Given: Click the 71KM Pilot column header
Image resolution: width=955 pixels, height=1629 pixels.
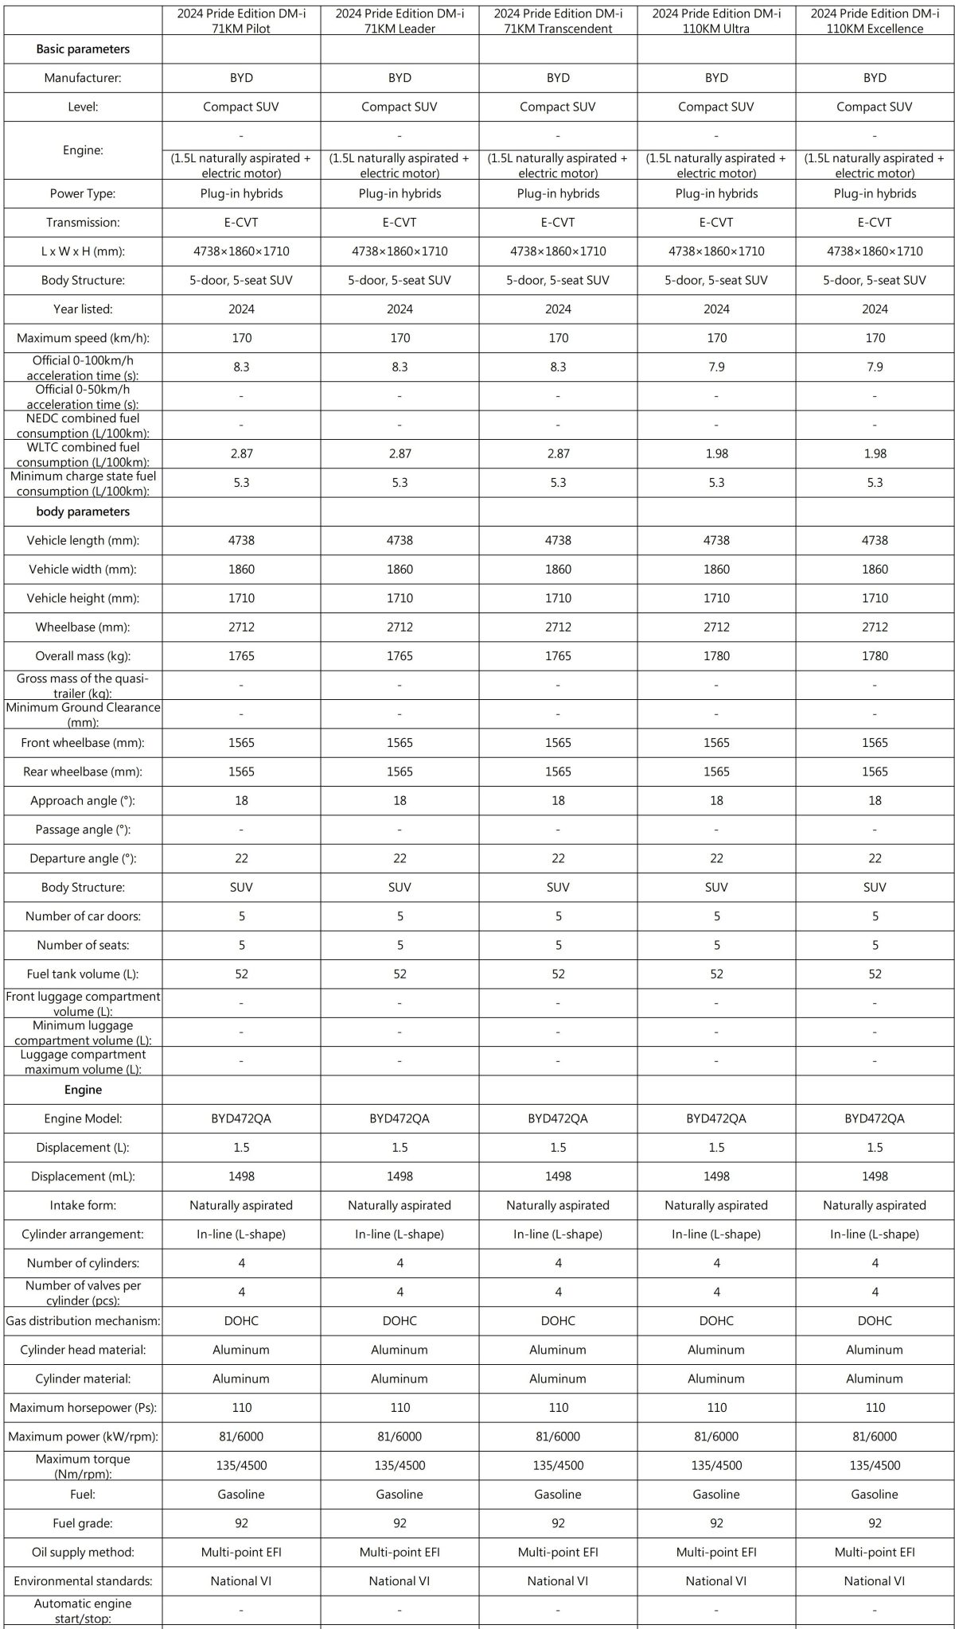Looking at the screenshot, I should tap(241, 21).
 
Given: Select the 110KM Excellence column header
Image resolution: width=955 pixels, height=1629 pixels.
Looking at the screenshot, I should tap(875, 21).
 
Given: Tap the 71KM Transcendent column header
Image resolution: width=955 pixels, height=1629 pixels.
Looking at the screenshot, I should tap(558, 21).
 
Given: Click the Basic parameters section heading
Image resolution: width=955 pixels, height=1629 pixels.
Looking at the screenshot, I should tap(83, 49).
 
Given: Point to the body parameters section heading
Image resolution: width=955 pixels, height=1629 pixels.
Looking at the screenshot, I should tap(83, 511).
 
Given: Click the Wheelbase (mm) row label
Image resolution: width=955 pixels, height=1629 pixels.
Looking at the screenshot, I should tap(83, 627).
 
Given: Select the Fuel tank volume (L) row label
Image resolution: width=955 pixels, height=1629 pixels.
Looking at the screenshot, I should tap(83, 974).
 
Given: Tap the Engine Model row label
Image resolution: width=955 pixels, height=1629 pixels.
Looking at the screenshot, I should tap(83, 1118).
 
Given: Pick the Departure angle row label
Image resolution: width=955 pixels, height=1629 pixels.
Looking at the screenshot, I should tap(83, 858).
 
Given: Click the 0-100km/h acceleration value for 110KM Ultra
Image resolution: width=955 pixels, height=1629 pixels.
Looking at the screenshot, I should tap(716, 367).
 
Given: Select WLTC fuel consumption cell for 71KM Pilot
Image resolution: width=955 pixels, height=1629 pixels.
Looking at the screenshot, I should tap(241, 453).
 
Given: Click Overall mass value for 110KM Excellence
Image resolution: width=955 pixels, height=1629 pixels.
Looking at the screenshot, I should tap(875, 656).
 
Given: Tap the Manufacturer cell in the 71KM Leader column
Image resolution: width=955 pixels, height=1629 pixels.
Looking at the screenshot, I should tap(400, 78).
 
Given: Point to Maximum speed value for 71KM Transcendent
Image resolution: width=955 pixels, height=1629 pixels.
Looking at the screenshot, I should tap(558, 338).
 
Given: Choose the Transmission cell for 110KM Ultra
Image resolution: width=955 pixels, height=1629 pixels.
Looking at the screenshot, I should tap(716, 223).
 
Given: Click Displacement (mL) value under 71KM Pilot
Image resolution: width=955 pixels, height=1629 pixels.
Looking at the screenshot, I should tap(241, 1176).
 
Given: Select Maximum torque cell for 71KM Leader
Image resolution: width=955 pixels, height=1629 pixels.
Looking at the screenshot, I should tap(400, 1465).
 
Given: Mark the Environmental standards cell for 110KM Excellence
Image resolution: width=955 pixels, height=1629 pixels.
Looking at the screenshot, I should tap(875, 1580).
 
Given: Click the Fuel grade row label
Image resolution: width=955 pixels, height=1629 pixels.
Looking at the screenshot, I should tap(83, 1523).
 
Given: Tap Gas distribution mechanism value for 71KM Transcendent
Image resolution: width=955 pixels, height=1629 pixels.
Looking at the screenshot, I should tap(558, 1320).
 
